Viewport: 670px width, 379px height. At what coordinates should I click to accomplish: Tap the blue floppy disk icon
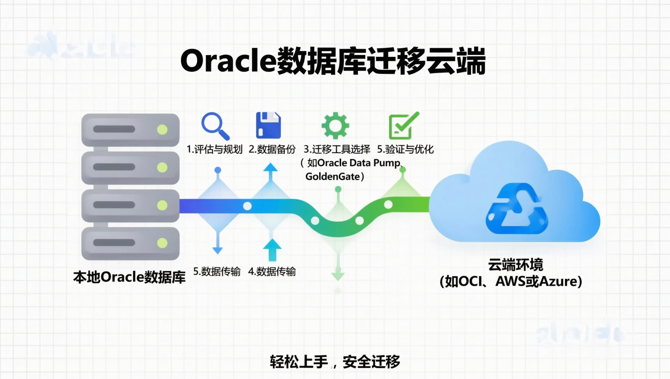tap(268, 125)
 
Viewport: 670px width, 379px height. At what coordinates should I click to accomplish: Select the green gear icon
tap(335, 126)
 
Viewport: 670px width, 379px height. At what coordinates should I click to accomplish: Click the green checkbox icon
tap(403, 126)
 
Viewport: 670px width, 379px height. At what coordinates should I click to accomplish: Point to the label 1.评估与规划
tap(215, 149)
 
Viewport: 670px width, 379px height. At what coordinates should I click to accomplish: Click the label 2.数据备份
tap(272, 149)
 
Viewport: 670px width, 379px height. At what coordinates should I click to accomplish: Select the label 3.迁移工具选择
tap(337, 149)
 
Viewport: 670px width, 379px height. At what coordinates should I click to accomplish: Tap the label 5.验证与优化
tap(405, 149)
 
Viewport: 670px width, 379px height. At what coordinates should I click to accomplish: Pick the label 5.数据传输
tap(217, 272)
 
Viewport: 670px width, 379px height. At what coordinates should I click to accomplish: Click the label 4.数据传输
tap(272, 272)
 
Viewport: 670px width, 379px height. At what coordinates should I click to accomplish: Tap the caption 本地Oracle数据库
tap(129, 277)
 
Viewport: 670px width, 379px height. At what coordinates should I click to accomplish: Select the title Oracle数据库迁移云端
tap(333, 62)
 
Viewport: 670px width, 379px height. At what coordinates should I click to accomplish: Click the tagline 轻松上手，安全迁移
tap(335, 362)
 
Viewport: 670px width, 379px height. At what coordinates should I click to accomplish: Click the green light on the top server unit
tap(162, 129)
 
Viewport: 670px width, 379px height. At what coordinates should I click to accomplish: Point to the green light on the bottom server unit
tap(162, 243)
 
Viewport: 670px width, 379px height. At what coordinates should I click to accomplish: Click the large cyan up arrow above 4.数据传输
tap(272, 250)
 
